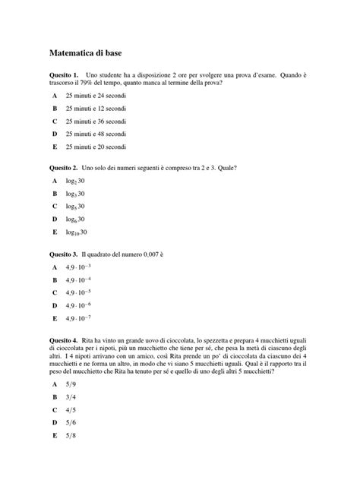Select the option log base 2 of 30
pyautogui.click(x=75, y=182)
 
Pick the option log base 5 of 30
pyautogui.click(x=75, y=207)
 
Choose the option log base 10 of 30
pyautogui.click(x=77, y=231)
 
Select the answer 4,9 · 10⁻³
pyautogui.click(x=78, y=267)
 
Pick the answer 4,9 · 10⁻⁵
pyautogui.click(x=78, y=292)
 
